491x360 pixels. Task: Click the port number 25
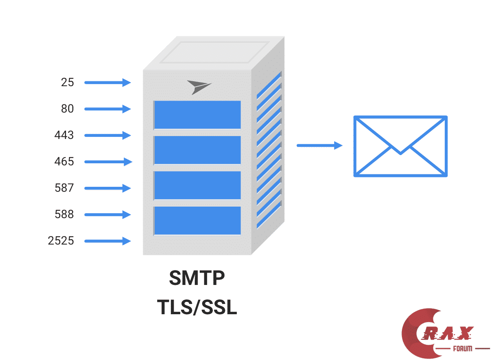pyautogui.click(x=67, y=82)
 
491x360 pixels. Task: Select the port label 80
pyautogui.click(x=67, y=108)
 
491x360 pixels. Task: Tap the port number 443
pyautogui.click(x=64, y=135)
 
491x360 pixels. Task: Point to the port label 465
pyautogui.click(x=64, y=162)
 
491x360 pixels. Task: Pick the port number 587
pyautogui.click(x=64, y=188)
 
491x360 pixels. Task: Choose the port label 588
pyautogui.click(x=64, y=214)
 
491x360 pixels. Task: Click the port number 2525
pyautogui.click(x=61, y=241)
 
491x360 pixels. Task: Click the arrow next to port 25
pyautogui.click(x=108, y=82)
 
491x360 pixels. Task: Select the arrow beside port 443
pyautogui.click(x=108, y=135)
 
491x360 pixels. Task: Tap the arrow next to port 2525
pyautogui.click(x=108, y=241)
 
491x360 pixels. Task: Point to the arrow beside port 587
pyautogui.click(x=108, y=188)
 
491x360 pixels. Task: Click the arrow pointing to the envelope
pyautogui.click(x=320, y=145)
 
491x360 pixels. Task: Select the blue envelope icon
pyautogui.click(x=401, y=146)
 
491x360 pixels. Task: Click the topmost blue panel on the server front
pyautogui.click(x=197, y=115)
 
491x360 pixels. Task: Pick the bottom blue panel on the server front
pyautogui.click(x=197, y=221)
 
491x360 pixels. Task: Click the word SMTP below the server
pyautogui.click(x=197, y=278)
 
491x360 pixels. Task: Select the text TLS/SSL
pyautogui.click(x=197, y=307)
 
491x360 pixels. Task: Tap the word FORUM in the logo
pyautogui.click(x=463, y=349)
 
